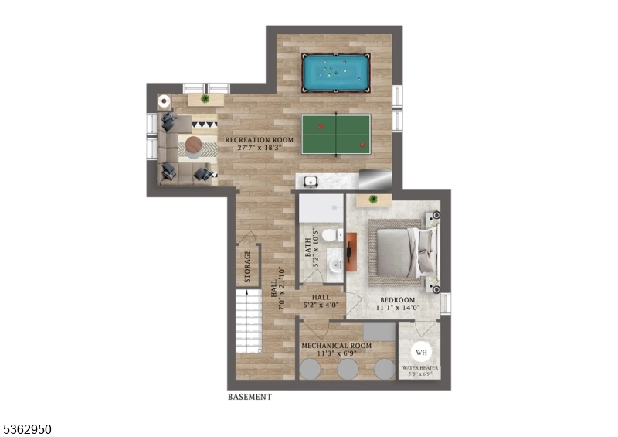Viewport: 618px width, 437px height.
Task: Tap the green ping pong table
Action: pos(336,133)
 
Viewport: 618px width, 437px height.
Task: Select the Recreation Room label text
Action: pos(260,140)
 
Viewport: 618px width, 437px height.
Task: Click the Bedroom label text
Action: pos(397,300)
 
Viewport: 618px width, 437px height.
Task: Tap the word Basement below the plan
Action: pos(250,398)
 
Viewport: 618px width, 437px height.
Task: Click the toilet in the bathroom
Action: pos(328,235)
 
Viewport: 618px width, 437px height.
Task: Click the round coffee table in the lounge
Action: pos(192,145)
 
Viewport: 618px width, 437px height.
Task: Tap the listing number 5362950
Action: pos(26,427)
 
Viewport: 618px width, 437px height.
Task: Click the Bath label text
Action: pos(307,248)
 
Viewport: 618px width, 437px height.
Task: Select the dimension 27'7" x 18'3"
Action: pos(260,149)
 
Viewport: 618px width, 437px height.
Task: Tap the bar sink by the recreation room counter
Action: pos(311,182)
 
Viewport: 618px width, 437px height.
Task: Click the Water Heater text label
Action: pos(422,369)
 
